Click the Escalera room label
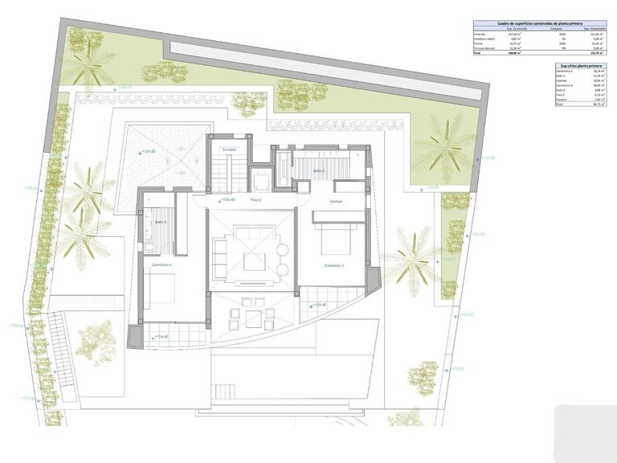pyautogui.click(x=229, y=150)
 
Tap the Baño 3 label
pyautogui.click(x=318, y=170)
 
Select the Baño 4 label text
pyautogui.click(x=160, y=222)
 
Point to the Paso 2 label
pyautogui.click(x=255, y=199)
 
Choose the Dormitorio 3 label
pyautogui.click(x=334, y=265)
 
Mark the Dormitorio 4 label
pyautogui.click(x=162, y=264)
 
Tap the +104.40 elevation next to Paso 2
pyautogui.click(x=226, y=199)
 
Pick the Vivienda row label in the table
pyautogui.click(x=480, y=35)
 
